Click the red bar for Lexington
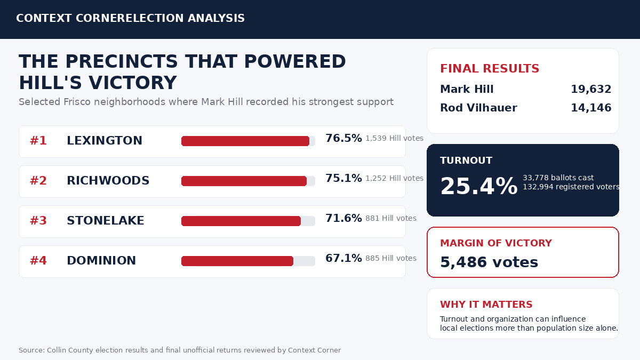245,141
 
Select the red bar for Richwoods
244,181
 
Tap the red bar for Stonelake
241,221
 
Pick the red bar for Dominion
237,261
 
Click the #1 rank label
38,141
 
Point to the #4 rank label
38,261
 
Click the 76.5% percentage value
343,138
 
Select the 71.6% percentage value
343,218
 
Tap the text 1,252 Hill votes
394,178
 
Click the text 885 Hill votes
391,258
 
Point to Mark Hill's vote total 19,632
591,89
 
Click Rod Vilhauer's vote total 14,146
591,108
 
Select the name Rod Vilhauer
478,108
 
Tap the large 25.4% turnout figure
479,186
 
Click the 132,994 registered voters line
571,187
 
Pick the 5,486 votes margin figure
489,262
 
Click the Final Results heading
490,69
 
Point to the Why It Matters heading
486,305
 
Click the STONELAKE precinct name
106,221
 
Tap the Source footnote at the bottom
180,350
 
